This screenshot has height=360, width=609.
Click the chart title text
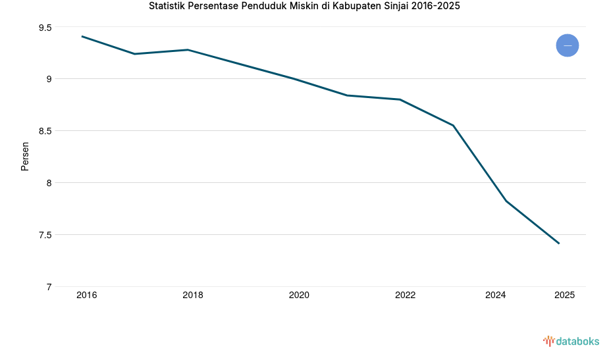[x=304, y=7]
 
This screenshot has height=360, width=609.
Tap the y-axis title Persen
[x=25, y=156]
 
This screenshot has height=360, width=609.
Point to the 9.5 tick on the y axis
[x=45, y=28]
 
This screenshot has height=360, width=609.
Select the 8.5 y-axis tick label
[x=45, y=131]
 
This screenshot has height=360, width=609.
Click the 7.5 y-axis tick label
[x=45, y=235]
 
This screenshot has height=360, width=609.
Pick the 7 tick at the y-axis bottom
[x=49, y=287]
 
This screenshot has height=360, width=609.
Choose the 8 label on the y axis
[x=49, y=183]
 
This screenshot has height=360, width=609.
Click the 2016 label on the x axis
[x=86, y=296]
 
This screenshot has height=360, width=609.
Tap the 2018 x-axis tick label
[x=193, y=296]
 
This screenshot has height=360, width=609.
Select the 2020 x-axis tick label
[x=299, y=296]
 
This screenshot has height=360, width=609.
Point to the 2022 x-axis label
[x=405, y=296]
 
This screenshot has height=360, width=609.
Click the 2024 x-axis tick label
[x=495, y=296]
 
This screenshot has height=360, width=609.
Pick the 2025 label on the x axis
[x=564, y=296]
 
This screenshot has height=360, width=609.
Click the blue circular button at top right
[x=567, y=45]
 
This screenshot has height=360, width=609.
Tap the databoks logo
[x=571, y=341]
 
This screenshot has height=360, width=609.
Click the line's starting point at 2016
[x=82, y=36]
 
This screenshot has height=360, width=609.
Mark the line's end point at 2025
[x=559, y=244]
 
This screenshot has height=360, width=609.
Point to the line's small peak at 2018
[x=188, y=49]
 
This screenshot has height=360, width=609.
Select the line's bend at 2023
[x=453, y=125]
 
